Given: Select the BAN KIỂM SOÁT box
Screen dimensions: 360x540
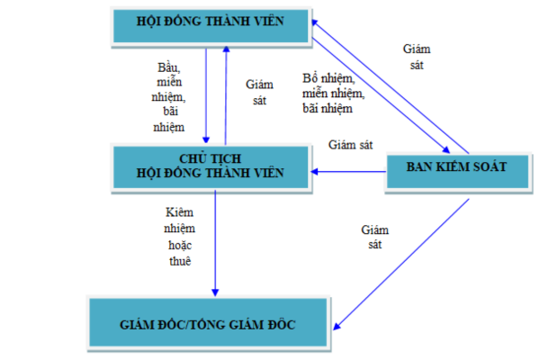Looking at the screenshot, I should [457, 167].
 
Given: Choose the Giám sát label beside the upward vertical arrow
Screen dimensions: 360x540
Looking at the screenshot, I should [258, 93].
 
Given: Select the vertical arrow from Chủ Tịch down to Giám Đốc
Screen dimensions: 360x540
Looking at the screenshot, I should [216, 243].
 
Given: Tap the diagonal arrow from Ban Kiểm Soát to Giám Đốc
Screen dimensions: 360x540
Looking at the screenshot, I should [405, 260].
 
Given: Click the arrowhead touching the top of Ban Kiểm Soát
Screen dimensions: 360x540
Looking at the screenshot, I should [446, 150].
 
